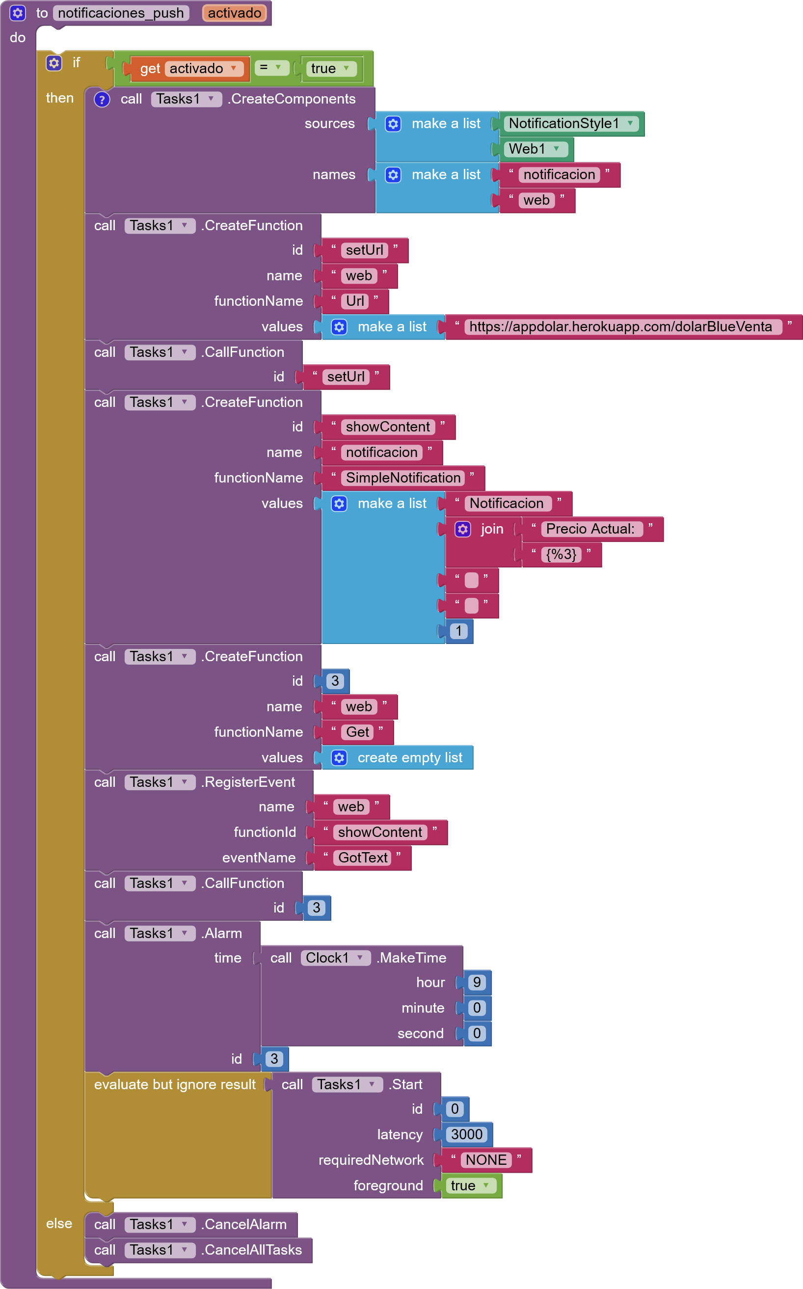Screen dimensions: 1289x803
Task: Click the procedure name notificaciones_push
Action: (121, 13)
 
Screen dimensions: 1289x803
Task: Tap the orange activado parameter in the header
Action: (234, 13)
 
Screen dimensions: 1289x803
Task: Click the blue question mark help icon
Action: (102, 99)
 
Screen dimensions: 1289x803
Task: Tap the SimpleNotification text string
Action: (402, 478)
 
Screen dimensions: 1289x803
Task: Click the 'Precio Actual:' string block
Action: (590, 529)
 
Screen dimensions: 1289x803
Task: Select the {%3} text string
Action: (561, 555)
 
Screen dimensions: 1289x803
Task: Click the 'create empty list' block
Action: (409, 758)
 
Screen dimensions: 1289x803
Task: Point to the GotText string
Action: (363, 858)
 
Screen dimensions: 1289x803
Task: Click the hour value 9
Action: (477, 983)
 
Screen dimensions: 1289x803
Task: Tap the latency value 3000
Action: (466, 1134)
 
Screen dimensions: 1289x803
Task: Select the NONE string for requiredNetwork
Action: (485, 1160)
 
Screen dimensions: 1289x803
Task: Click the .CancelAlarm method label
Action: (245, 1225)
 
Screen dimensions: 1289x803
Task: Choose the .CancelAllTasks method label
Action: (252, 1250)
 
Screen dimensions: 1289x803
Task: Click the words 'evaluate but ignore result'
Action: (175, 1084)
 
